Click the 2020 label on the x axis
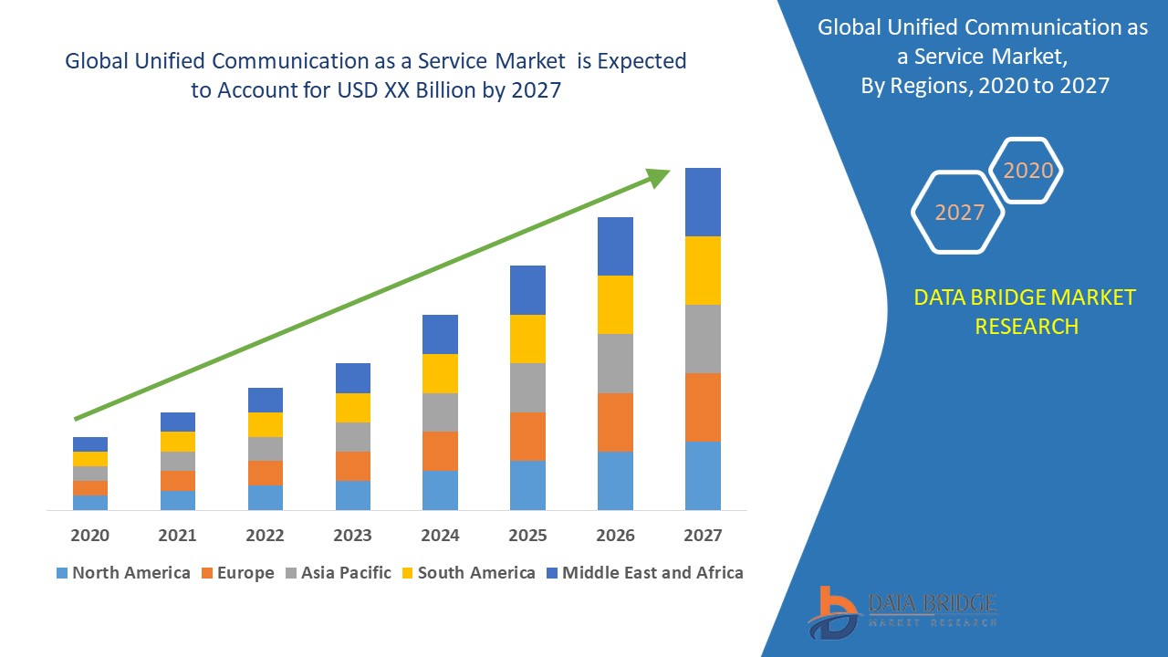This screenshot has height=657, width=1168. click(90, 535)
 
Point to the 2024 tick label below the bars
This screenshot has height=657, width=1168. click(440, 535)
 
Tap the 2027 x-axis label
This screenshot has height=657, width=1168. click(703, 535)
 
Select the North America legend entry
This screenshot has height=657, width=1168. click(123, 573)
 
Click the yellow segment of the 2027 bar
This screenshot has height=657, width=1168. click(703, 270)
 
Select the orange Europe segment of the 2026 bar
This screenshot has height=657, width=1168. click(615, 422)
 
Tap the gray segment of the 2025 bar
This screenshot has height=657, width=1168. click(527, 388)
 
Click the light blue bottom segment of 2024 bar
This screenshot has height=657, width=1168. click(440, 490)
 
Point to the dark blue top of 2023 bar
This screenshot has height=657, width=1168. click(353, 378)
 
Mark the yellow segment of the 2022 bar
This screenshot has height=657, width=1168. click(266, 424)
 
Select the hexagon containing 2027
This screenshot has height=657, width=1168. click(958, 212)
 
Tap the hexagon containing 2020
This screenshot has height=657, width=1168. click(1027, 170)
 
